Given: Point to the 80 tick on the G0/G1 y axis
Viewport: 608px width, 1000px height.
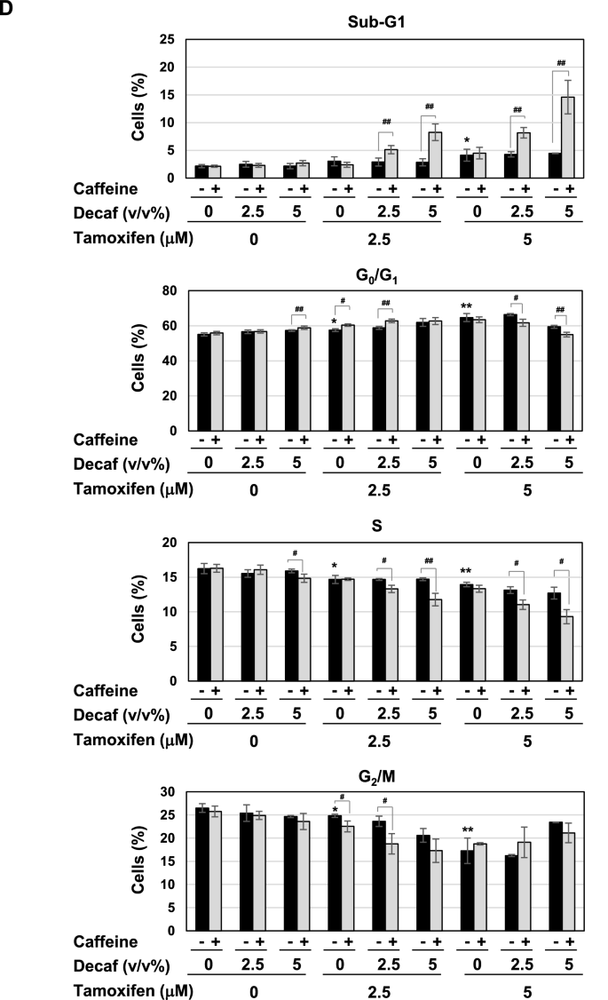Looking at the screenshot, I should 167,291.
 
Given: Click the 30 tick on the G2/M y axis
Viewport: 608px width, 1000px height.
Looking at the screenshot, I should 167,791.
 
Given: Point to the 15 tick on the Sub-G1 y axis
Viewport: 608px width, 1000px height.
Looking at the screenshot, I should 167,95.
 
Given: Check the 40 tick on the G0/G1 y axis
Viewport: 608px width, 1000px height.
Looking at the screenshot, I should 167,361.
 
